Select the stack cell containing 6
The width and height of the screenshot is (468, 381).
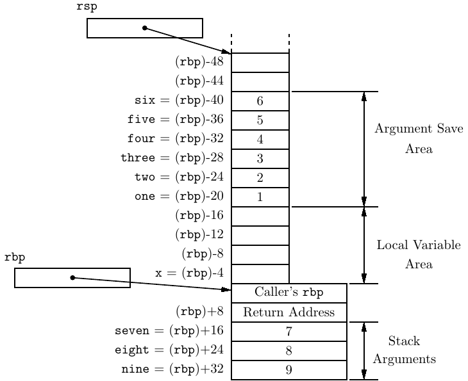(x=260, y=101)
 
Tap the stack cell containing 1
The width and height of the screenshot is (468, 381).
(x=260, y=197)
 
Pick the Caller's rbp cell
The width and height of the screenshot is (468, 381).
(x=288, y=293)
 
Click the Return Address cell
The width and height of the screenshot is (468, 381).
(x=288, y=312)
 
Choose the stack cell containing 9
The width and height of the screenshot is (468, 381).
(x=288, y=370)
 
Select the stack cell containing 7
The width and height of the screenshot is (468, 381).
(x=288, y=332)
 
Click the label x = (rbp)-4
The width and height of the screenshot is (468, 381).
(x=189, y=273)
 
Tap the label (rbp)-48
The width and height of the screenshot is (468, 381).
(x=199, y=63)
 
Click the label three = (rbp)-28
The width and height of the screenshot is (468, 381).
(x=172, y=158)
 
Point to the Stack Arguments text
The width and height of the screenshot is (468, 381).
(x=405, y=350)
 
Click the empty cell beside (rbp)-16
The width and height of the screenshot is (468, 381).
(x=260, y=216)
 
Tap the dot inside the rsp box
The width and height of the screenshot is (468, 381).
(x=144, y=28)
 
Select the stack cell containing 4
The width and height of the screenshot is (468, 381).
(x=260, y=140)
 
